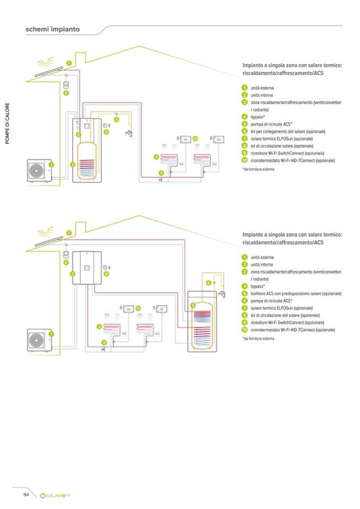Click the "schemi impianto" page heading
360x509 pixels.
click(x=53, y=29)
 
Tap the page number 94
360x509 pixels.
click(x=25, y=495)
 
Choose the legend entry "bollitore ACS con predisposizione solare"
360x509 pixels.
click(x=296, y=294)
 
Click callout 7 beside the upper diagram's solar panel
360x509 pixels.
click(x=68, y=64)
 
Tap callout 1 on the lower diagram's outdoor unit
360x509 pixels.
click(x=51, y=334)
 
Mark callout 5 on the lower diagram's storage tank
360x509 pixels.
click(x=193, y=305)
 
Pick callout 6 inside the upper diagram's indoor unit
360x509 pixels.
click(x=78, y=135)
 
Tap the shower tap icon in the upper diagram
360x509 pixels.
click(x=129, y=134)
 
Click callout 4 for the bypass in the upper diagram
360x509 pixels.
click(x=161, y=174)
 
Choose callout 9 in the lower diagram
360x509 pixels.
click(x=106, y=274)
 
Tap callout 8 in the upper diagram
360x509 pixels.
click(x=66, y=93)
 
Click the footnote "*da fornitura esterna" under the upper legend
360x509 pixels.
click(x=258, y=169)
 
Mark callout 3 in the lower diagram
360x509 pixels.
click(x=99, y=326)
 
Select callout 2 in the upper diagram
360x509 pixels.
click(x=72, y=165)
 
